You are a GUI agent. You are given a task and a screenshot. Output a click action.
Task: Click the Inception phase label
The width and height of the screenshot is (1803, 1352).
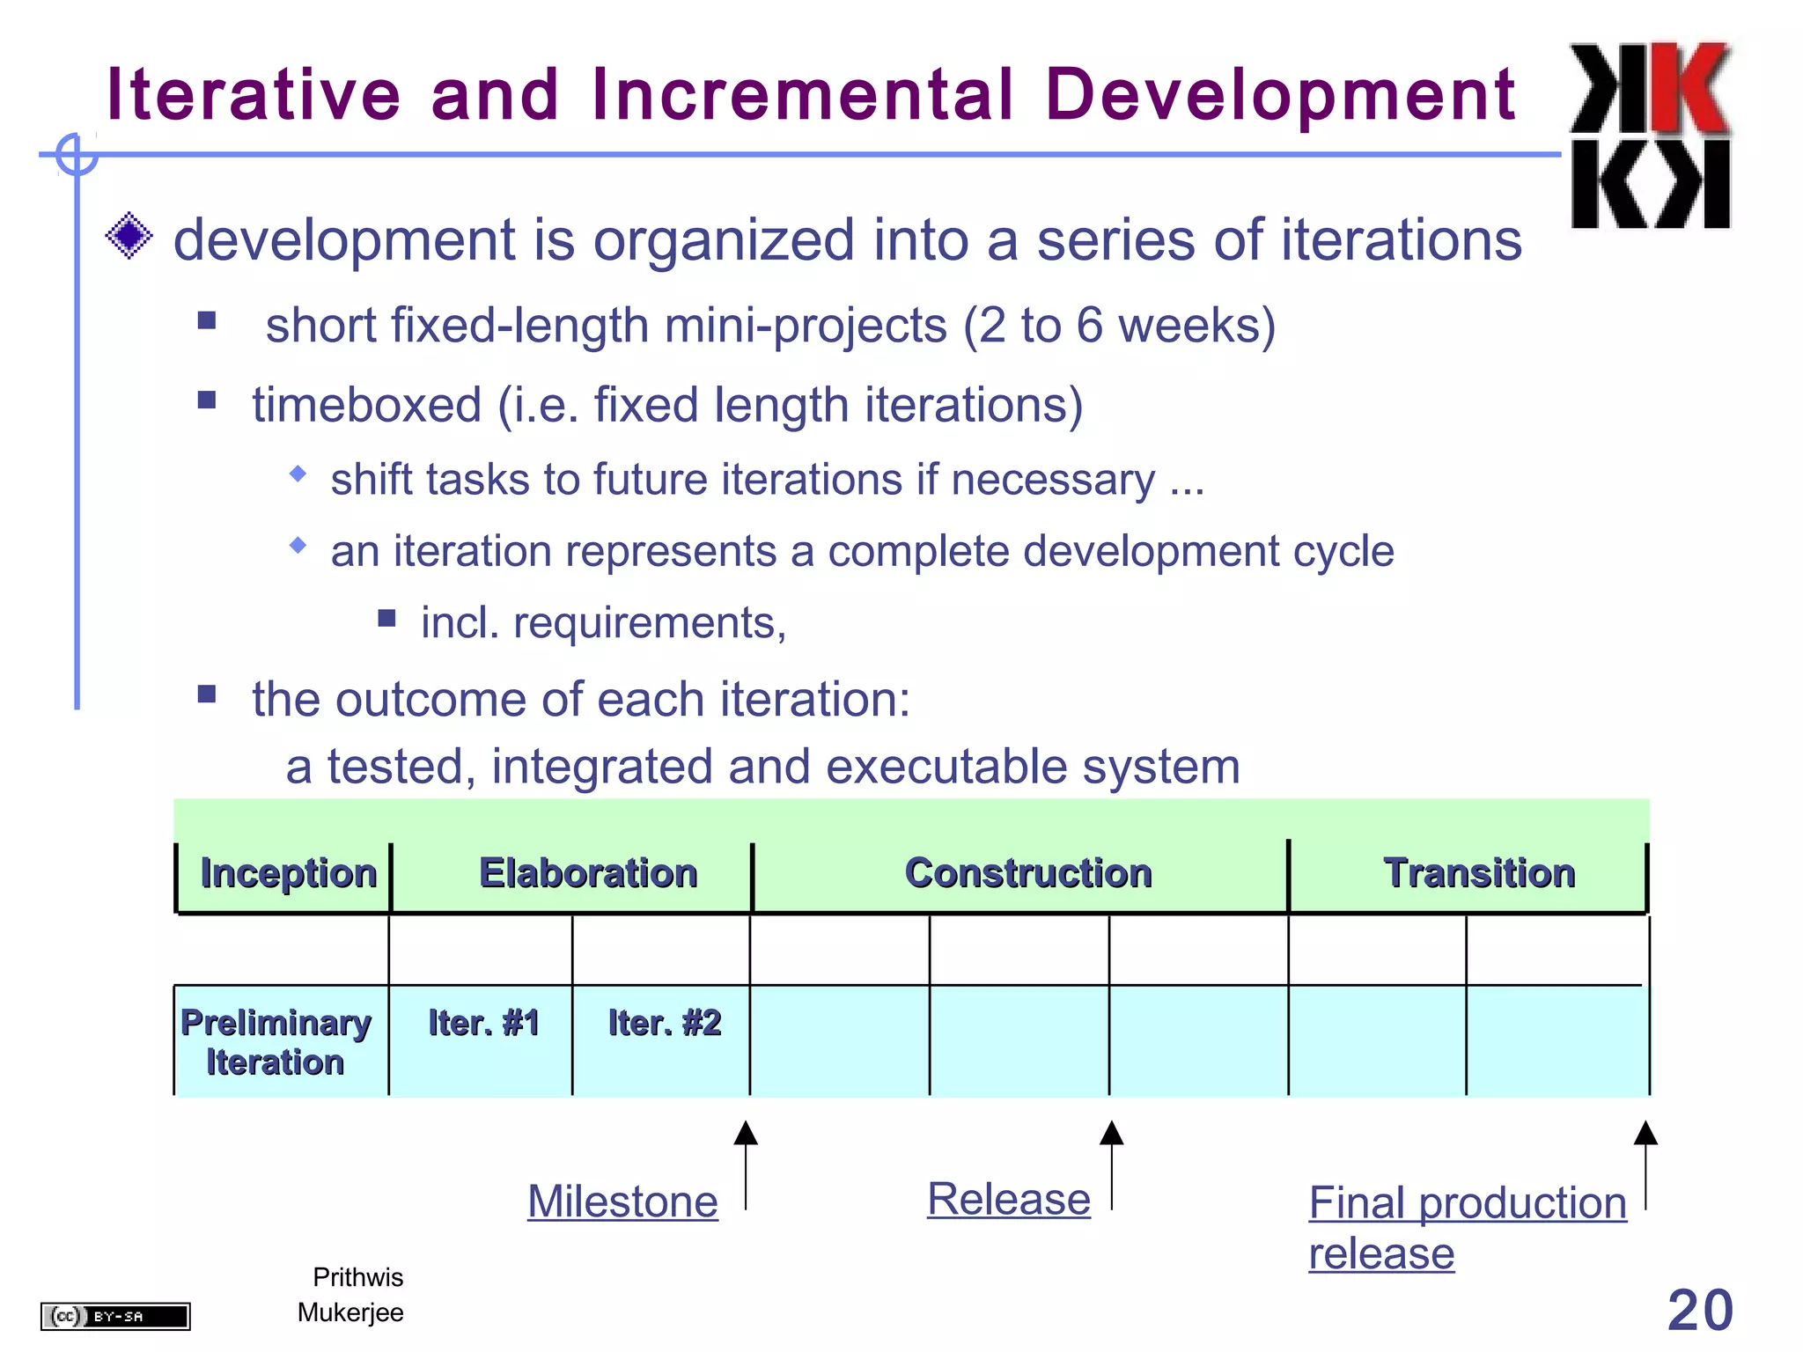(x=288, y=873)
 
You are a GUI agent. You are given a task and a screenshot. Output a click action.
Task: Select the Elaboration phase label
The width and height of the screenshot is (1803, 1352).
(x=588, y=873)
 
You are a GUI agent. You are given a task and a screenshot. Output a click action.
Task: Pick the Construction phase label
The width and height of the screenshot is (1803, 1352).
(x=1028, y=873)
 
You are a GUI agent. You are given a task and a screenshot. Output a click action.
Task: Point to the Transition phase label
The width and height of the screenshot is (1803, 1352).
(x=1479, y=873)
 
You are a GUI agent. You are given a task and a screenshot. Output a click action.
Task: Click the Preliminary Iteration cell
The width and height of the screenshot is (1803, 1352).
(x=276, y=1042)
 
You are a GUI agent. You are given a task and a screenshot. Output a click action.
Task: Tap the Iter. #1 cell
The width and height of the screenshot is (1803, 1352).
(x=483, y=1024)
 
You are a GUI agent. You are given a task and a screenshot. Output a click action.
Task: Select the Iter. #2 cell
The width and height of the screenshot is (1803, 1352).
(x=665, y=1024)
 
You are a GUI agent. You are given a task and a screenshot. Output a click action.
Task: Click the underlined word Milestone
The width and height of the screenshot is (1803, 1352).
(x=622, y=1201)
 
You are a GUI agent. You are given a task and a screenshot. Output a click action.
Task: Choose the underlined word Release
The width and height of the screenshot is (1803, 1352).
(x=1009, y=1199)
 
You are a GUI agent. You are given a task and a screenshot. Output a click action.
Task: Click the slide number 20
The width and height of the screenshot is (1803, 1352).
(x=1700, y=1310)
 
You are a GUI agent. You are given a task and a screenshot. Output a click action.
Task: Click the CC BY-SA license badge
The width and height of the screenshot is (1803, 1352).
(x=115, y=1316)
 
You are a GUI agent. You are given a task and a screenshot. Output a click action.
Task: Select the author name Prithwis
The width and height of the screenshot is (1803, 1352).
(x=357, y=1277)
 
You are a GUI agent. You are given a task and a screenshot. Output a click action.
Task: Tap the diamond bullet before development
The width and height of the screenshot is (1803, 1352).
(x=129, y=236)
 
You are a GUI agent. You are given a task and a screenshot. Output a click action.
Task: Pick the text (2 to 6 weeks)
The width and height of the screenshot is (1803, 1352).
(x=1119, y=326)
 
